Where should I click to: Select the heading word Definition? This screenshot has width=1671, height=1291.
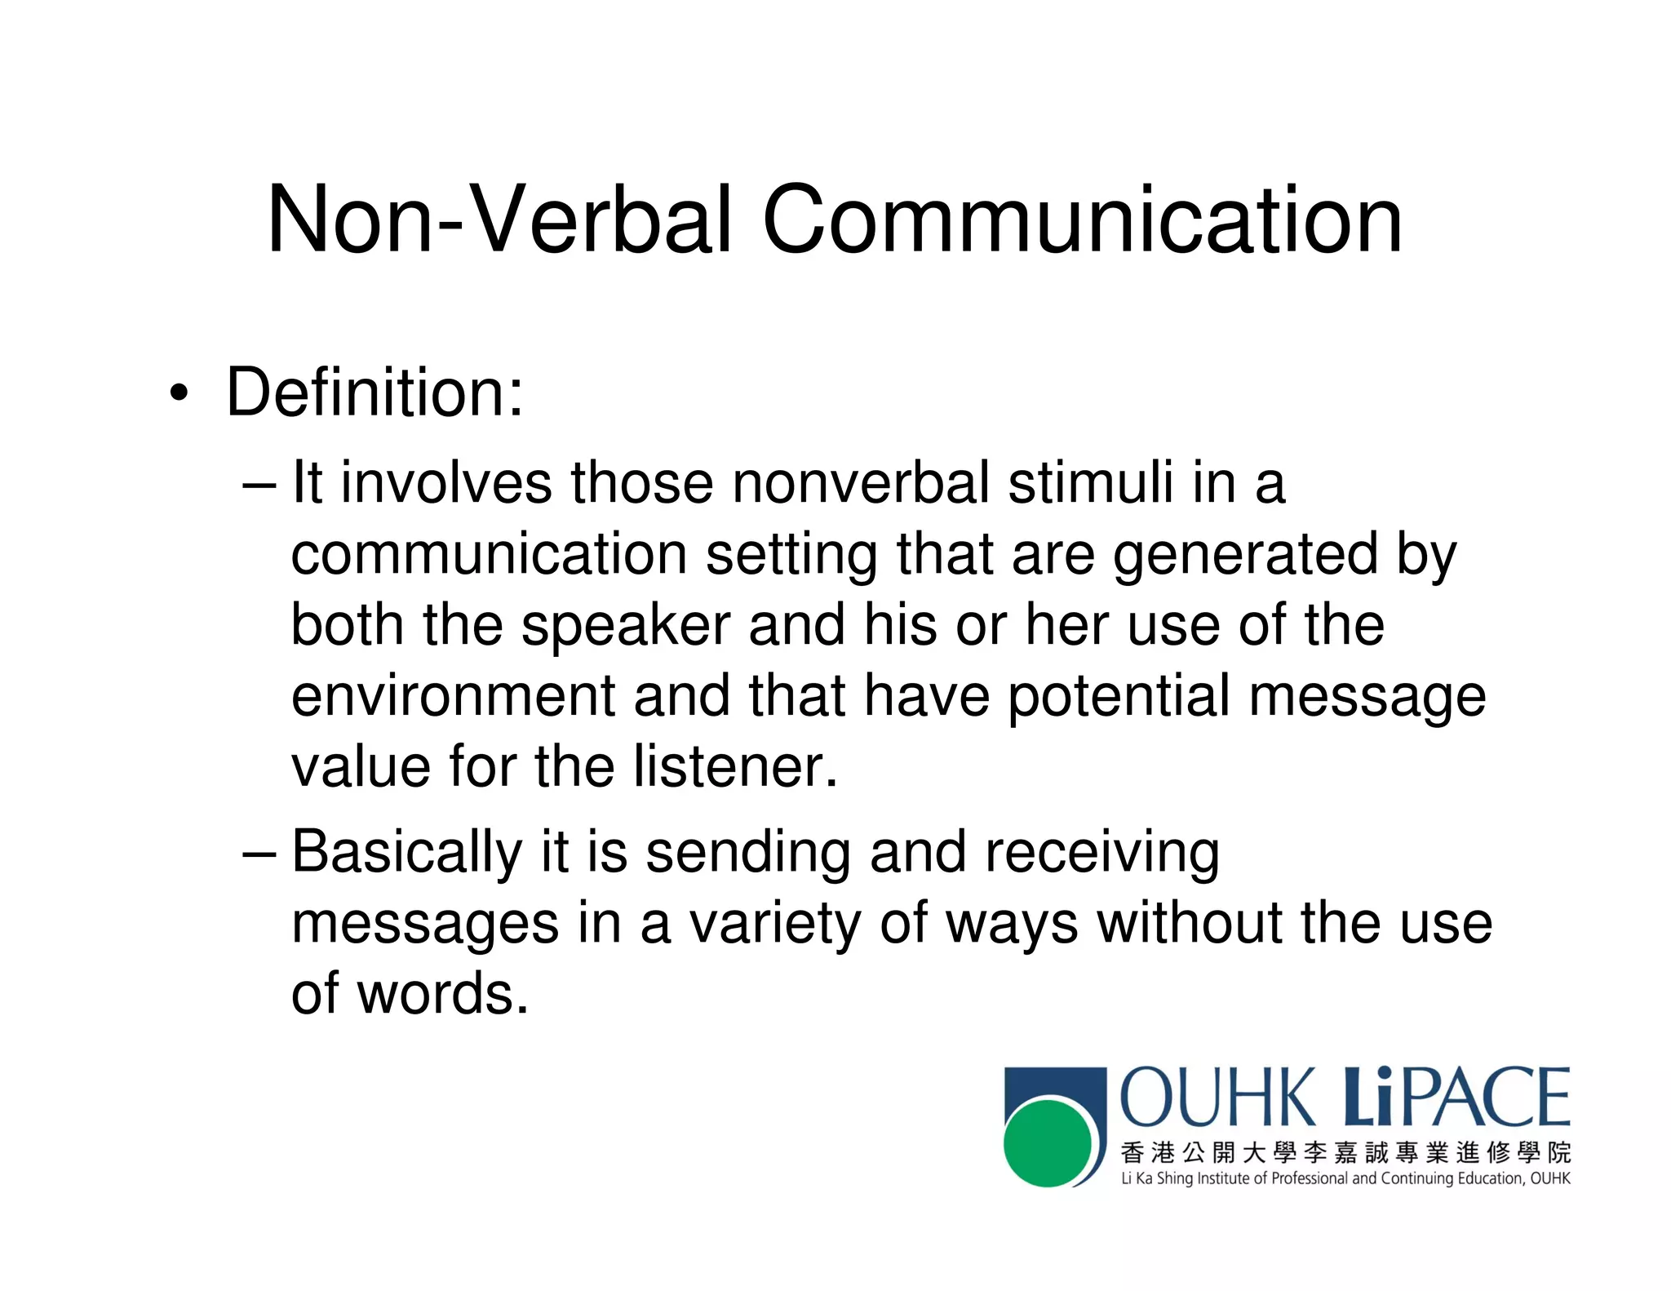[375, 393]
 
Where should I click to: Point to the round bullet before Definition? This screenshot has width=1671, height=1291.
[179, 394]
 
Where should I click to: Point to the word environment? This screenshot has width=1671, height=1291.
[453, 696]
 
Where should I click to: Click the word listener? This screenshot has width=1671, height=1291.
[736, 767]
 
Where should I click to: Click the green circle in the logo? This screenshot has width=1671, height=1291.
[1048, 1142]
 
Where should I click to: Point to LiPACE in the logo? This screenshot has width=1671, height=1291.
[1456, 1098]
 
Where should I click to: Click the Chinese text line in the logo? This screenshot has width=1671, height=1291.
[1345, 1152]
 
